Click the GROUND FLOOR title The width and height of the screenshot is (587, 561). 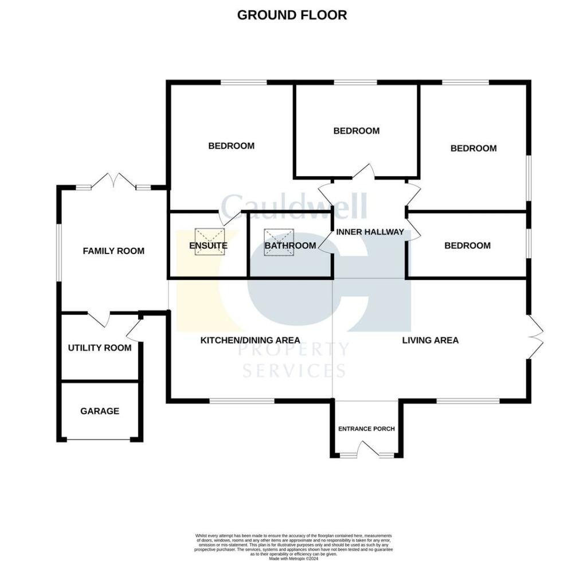click(292, 15)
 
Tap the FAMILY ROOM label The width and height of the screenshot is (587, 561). click(114, 251)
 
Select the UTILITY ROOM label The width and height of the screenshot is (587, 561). click(100, 348)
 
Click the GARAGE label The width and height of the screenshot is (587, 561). click(100, 411)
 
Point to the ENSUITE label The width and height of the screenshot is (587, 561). click(208, 246)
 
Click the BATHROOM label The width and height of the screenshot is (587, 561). click(290, 246)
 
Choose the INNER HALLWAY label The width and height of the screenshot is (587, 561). click(370, 232)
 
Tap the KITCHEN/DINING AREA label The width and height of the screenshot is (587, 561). click(250, 340)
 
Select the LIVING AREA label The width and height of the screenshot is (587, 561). click(430, 340)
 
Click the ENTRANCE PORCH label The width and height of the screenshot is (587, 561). click(366, 428)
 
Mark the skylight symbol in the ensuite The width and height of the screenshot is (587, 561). click(210, 238)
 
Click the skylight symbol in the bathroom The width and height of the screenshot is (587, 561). click(279, 238)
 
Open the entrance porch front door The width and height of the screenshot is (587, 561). click(367, 449)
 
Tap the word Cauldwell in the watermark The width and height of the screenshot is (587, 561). click(293, 205)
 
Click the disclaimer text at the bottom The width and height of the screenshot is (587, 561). click(293, 544)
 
